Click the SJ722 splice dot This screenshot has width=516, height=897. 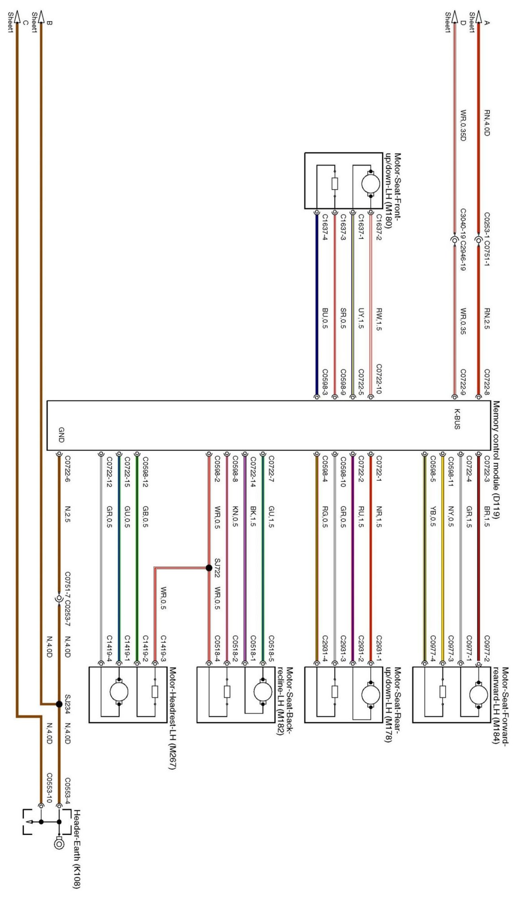(209, 568)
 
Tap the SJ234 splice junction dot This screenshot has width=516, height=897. (59, 704)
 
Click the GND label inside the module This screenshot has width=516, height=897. (61, 435)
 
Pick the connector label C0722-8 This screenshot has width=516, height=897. (487, 381)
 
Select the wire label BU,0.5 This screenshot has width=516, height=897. (325, 318)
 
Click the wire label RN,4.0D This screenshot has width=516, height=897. (487, 122)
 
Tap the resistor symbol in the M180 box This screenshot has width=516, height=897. (334, 184)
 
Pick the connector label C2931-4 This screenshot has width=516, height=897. (325, 649)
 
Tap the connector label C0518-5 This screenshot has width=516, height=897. (271, 649)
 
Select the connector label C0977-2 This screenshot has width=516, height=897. (487, 649)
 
